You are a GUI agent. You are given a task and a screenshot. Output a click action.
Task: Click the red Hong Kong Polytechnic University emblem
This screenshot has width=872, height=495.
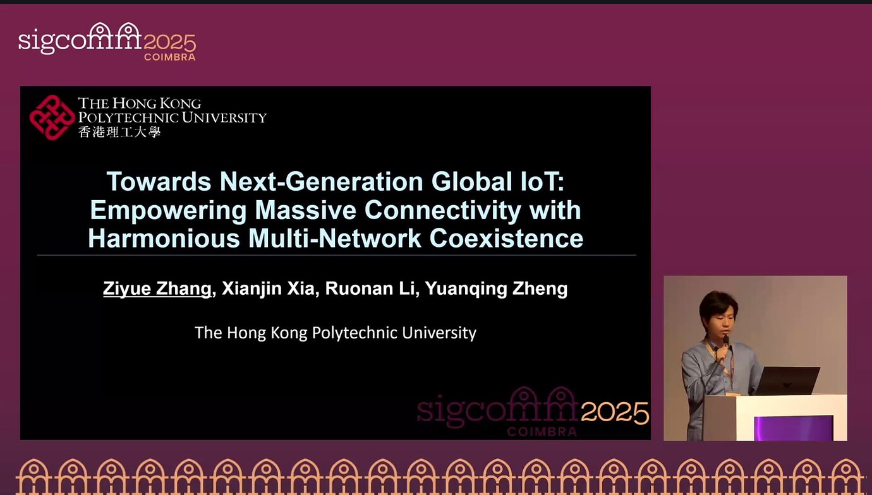pyautogui.click(x=52, y=117)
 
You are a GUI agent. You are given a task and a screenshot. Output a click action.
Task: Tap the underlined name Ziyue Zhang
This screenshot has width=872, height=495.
pyautogui.click(x=157, y=289)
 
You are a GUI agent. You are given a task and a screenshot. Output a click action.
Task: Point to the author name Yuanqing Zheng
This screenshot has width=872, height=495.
pyautogui.click(x=496, y=289)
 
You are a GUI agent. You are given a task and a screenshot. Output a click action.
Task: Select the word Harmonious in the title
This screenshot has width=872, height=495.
pyautogui.click(x=164, y=239)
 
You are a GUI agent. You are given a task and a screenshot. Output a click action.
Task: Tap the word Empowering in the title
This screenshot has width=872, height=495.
pyautogui.click(x=168, y=210)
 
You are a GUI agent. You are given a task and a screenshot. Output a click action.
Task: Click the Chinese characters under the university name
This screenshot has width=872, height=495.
pyautogui.click(x=119, y=132)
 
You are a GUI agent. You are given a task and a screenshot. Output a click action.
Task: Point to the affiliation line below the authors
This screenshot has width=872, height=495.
pyautogui.click(x=336, y=333)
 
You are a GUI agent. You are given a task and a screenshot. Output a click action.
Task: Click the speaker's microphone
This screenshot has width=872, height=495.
pyautogui.click(x=725, y=342)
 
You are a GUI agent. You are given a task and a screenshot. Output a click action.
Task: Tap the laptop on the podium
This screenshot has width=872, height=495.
pyautogui.click(x=787, y=381)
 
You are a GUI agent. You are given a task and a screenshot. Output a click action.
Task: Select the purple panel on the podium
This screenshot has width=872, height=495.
pyautogui.click(x=793, y=427)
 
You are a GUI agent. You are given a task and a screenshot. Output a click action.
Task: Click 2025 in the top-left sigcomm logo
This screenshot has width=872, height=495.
pyautogui.click(x=169, y=43)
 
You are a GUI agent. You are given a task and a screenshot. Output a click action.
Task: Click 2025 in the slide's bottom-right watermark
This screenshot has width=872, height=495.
pyautogui.click(x=615, y=413)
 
